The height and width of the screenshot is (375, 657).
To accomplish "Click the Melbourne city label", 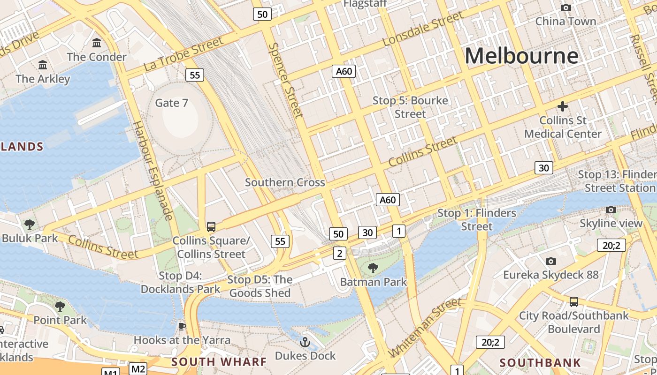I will (x=521, y=56).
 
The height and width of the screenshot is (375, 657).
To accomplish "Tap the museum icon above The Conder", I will (x=97, y=43).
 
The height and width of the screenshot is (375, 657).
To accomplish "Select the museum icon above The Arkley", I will (x=43, y=65).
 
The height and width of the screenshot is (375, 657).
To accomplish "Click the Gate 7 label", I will (x=171, y=103).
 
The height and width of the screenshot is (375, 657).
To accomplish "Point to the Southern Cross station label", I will (x=285, y=182).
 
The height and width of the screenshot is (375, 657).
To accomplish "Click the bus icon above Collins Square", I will (x=211, y=227).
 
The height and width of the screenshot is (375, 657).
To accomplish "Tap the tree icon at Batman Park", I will (x=373, y=268).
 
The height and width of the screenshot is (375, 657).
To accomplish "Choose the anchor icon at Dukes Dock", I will (x=305, y=342).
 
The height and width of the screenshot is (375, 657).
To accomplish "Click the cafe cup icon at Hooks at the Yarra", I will (x=182, y=326).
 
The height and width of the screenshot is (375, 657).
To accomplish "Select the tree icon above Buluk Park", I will (x=30, y=224).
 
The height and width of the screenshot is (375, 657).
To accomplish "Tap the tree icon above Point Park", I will (x=60, y=307).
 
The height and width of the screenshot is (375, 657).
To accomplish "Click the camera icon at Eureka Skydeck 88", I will (x=551, y=261).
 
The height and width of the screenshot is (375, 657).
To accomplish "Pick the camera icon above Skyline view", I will (x=611, y=210).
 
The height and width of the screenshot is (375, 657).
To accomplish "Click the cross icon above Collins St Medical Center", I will (x=563, y=106).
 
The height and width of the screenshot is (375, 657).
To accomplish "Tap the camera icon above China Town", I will (x=566, y=7).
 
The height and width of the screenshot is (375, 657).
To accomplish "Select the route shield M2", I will (x=138, y=368).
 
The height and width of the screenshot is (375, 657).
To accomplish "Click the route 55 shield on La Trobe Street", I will (x=195, y=75).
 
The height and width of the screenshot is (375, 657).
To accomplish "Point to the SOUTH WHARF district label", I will (x=219, y=362).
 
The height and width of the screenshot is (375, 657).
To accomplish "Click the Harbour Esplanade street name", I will (x=153, y=171).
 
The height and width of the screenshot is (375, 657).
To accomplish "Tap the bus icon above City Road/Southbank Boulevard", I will (x=573, y=301).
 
